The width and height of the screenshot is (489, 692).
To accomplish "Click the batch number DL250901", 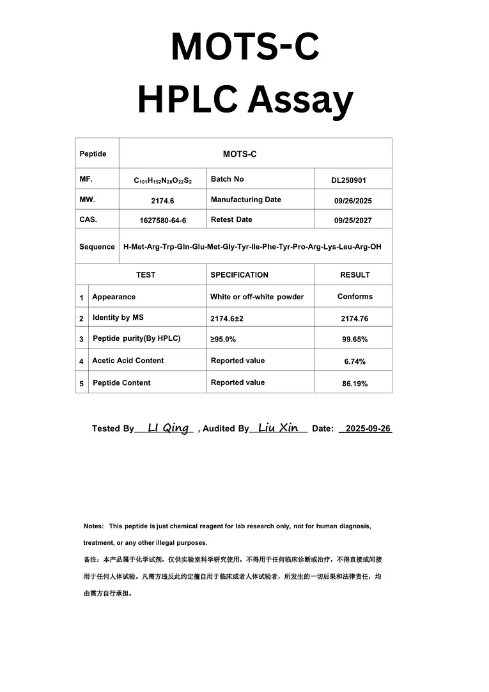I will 348,180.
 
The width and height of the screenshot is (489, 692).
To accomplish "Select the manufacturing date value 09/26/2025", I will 353,201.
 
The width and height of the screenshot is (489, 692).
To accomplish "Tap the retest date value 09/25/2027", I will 353,221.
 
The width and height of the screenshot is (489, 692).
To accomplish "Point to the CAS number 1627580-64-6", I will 162,221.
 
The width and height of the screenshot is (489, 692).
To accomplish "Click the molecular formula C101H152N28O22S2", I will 162,180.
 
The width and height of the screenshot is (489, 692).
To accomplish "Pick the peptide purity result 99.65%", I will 355,340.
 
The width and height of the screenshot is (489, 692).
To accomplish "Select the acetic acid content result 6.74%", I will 355,361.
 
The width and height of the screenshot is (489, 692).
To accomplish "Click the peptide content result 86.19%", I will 355,384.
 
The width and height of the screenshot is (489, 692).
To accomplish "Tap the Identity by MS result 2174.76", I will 355,318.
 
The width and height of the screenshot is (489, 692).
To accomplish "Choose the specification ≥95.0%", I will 223,339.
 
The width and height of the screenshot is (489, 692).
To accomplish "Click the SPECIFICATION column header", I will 239,275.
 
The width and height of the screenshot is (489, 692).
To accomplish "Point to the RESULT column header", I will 355,275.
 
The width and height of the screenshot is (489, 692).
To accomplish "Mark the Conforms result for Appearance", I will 355,297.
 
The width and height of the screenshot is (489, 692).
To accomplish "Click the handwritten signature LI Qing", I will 168,428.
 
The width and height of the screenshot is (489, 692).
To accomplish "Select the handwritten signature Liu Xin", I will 278,428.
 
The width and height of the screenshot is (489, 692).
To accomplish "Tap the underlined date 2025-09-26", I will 368,429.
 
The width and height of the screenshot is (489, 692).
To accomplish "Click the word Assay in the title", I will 300,100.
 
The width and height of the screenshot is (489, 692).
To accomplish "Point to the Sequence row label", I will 97,247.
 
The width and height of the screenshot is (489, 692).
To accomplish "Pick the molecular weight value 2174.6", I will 162,201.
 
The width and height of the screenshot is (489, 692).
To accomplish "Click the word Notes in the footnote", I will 93,526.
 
